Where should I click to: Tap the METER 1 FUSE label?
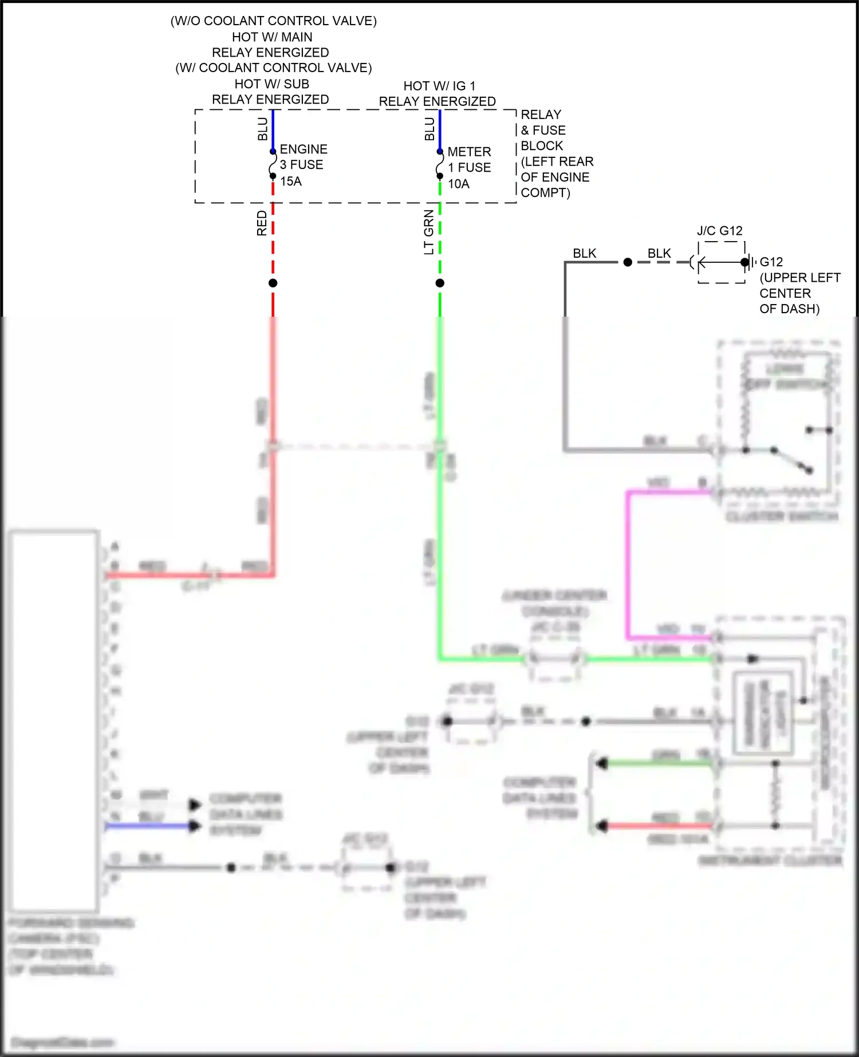point(469,160)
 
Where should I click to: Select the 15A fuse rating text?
point(291,182)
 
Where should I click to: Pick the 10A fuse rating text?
point(459,184)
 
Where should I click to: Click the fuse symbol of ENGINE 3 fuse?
point(273,164)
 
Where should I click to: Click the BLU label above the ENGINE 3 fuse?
point(262,129)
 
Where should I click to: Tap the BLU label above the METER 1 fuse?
point(429,129)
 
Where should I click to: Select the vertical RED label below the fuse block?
point(262,223)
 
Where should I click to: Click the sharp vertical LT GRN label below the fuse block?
point(429,232)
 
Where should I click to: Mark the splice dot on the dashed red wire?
point(273,283)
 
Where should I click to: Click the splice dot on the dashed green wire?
point(440,283)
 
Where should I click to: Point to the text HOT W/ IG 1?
point(439,86)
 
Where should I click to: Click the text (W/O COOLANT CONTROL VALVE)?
point(274,21)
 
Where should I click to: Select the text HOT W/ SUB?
point(271,84)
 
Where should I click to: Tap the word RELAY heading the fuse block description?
point(541,115)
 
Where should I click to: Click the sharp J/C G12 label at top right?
point(719,231)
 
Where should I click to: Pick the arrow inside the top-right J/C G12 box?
point(713,262)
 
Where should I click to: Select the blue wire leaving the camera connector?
point(149,826)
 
